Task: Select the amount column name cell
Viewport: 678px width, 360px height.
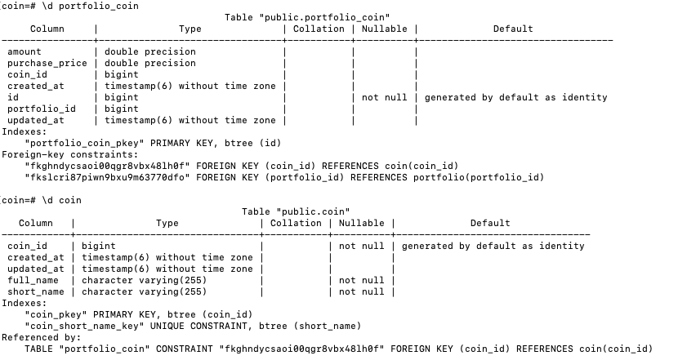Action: click(x=24, y=51)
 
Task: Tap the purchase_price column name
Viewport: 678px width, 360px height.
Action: click(x=47, y=63)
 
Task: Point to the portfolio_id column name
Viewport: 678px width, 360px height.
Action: click(x=41, y=109)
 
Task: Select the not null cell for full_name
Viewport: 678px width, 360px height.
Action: click(x=361, y=280)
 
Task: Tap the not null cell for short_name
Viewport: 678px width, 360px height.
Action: click(x=361, y=291)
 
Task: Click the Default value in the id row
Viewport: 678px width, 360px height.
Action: click(x=515, y=97)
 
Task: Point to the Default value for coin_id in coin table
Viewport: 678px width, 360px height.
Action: click(x=493, y=246)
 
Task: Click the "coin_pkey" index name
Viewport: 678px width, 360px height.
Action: click(x=58, y=314)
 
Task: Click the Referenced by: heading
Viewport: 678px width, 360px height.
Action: click(x=41, y=337)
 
